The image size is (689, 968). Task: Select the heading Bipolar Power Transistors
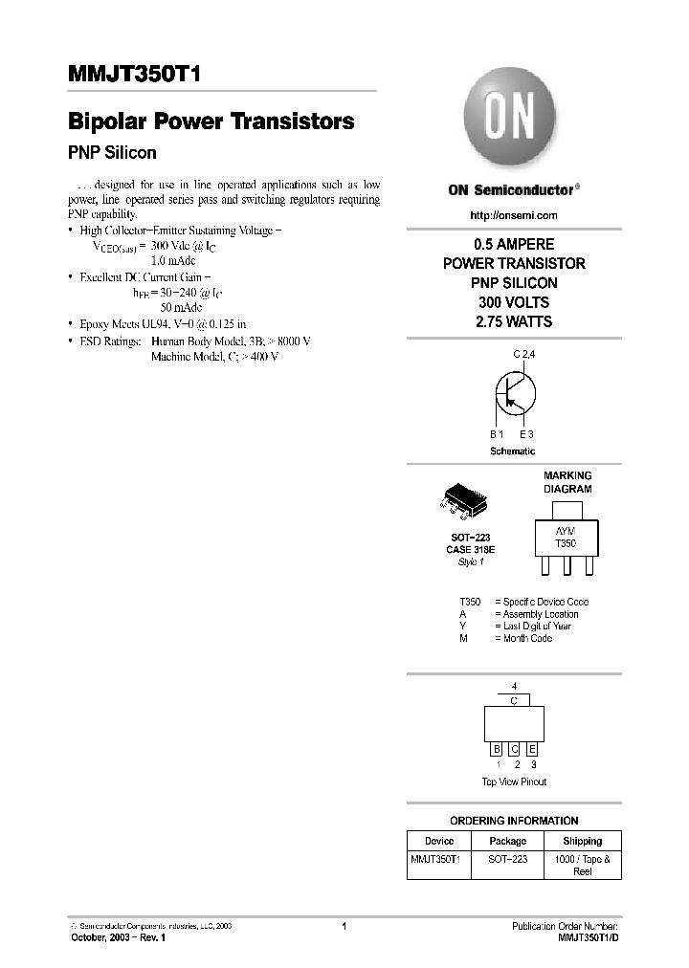tap(211, 121)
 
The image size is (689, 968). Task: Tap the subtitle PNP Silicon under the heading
tap(112, 152)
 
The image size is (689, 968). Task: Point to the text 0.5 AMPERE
tap(514, 245)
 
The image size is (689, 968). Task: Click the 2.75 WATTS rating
tap(514, 322)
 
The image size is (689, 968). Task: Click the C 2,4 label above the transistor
tap(525, 355)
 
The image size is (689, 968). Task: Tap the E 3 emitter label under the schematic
tap(526, 434)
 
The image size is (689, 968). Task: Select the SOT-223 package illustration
tap(465, 503)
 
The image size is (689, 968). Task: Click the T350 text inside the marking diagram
tap(567, 542)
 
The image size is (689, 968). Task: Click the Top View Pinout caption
tap(514, 781)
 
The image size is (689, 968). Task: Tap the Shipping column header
tap(583, 841)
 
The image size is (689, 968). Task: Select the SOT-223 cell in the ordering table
tap(508, 859)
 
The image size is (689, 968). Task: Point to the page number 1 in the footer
tap(344, 926)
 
